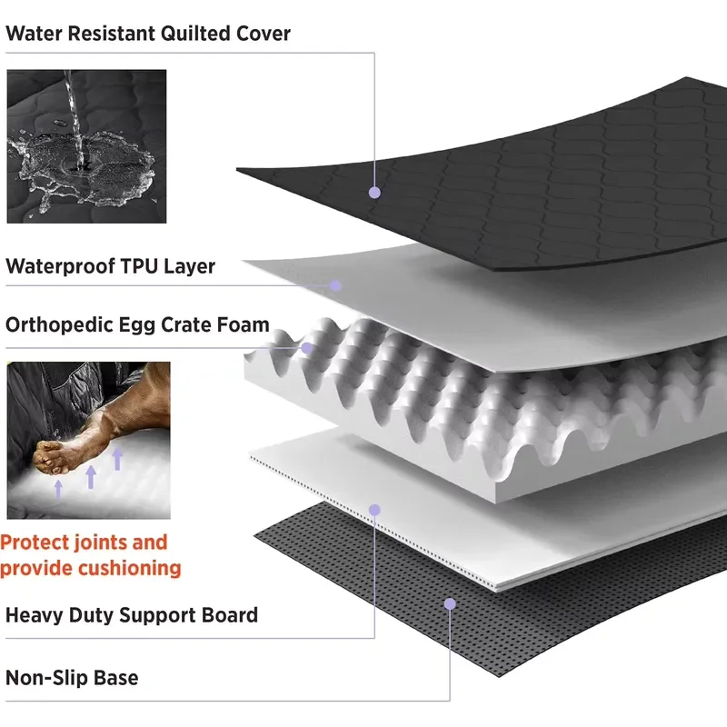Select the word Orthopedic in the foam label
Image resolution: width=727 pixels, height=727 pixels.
tap(59, 325)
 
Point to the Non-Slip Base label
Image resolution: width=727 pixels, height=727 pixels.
tap(72, 678)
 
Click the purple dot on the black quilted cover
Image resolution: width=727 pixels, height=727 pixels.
tap(374, 193)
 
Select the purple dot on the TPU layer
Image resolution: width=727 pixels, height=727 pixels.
tap(335, 285)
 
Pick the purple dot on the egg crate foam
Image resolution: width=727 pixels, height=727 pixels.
tap(307, 348)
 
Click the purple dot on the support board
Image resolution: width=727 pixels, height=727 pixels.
tap(374, 510)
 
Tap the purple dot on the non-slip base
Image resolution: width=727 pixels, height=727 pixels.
tap(450, 603)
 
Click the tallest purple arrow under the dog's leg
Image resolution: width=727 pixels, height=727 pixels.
tap(117, 458)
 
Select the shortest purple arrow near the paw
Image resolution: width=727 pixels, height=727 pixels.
tap(58, 489)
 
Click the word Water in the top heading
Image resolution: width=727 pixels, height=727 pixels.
tap(34, 34)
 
